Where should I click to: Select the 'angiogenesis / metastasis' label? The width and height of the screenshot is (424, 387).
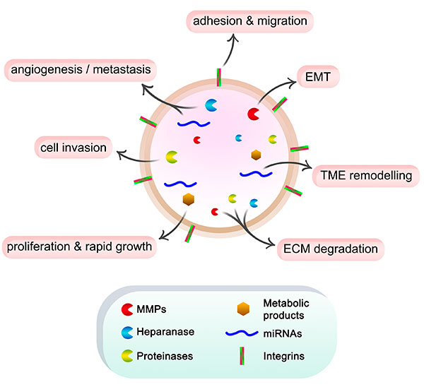(x=79, y=71)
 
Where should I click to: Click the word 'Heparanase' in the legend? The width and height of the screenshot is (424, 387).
(x=165, y=331)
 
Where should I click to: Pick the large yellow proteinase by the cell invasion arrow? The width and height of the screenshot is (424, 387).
(x=172, y=156)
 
